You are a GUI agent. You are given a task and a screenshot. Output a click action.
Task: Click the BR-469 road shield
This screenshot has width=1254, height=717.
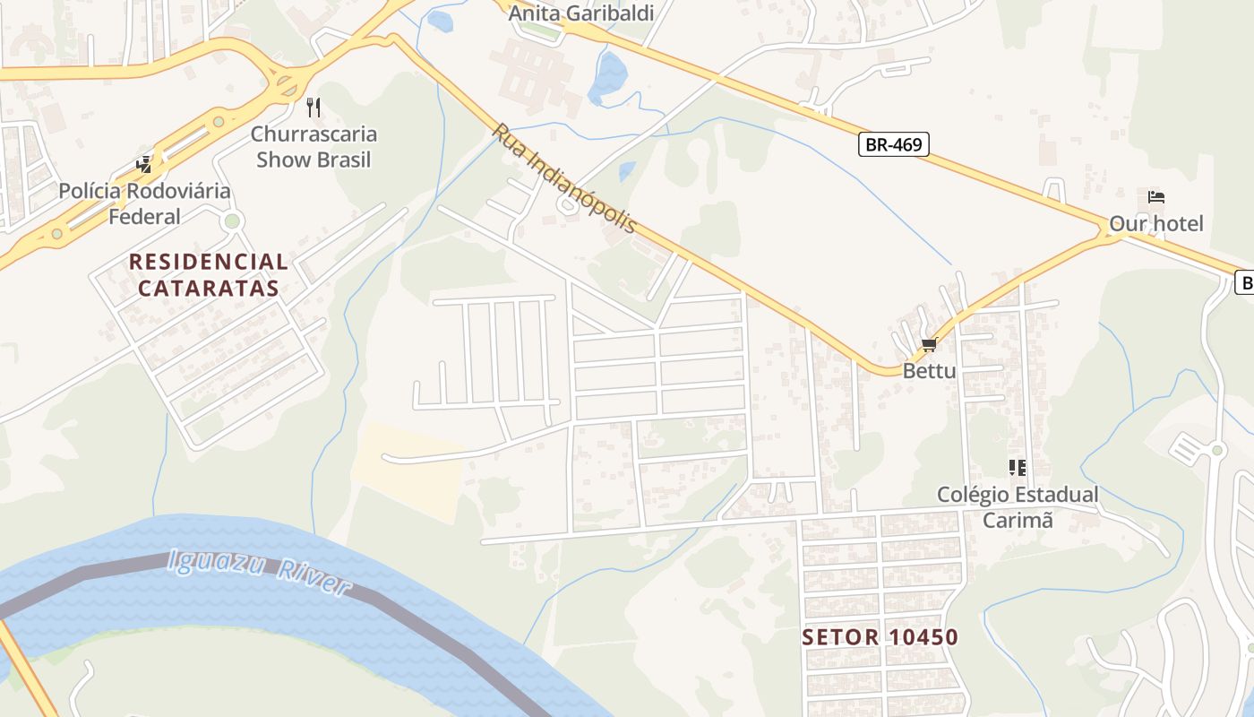click(893, 144)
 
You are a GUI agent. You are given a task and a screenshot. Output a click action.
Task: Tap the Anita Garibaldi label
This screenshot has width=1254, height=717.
click(581, 13)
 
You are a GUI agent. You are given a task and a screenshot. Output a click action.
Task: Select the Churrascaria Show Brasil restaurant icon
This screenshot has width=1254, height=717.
click(313, 108)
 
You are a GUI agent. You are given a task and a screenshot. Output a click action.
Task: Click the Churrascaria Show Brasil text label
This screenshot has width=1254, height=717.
click(313, 147)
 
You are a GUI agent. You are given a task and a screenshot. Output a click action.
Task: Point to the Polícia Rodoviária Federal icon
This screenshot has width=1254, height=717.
click(143, 164)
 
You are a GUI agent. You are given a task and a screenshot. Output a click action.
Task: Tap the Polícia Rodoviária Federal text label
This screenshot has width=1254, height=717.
click(144, 203)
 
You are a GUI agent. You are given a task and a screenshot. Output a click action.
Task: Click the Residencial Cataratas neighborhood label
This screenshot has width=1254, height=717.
click(209, 275)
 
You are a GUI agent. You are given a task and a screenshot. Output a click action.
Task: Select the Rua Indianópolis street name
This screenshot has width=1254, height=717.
click(563, 178)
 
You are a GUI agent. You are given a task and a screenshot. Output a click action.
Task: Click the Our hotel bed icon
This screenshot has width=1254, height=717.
click(1155, 197)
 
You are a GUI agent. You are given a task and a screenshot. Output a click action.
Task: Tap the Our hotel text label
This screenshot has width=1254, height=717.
click(1155, 223)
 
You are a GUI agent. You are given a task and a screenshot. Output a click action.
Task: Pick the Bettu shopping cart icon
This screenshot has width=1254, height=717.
click(929, 345)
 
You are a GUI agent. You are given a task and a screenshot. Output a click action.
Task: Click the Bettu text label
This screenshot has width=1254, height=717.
click(929, 370)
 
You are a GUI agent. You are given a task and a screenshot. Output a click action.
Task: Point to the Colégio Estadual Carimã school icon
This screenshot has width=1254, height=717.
click(1017, 468)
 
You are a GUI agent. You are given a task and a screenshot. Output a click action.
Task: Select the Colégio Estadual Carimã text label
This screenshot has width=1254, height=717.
click(1017, 507)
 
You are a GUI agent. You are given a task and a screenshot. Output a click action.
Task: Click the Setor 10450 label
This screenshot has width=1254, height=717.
click(880, 637)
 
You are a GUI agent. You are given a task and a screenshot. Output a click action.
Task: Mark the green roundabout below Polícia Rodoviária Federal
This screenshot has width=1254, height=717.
click(233, 220)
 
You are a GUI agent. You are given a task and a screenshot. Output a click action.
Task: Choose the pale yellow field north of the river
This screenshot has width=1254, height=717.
click(408, 471)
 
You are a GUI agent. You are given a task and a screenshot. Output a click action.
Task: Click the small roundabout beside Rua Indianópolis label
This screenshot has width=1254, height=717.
click(566, 205)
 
